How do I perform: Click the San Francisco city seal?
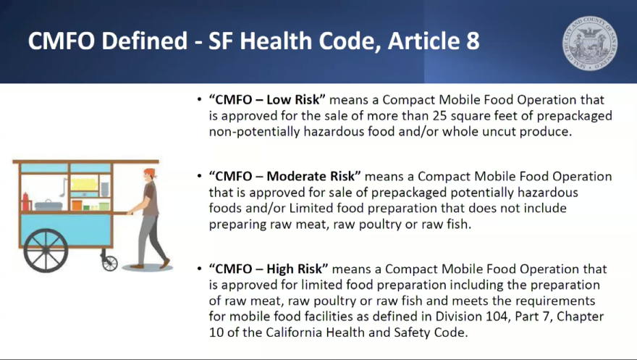pyautogui.click(x=590, y=43)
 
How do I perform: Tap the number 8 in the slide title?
pyautogui.click(x=472, y=41)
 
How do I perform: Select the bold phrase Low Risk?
pyautogui.click(x=292, y=100)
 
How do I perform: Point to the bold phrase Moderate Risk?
pyautogui.click(x=311, y=176)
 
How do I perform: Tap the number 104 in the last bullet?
pyautogui.click(x=499, y=316)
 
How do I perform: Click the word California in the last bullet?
pyautogui.click(x=294, y=332)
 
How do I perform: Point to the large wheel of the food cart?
pyautogui.click(x=46, y=251)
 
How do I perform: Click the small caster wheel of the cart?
pyautogui.click(x=110, y=263)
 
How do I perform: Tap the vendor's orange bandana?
pyautogui.click(x=150, y=172)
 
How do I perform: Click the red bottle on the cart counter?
pyautogui.click(x=25, y=201)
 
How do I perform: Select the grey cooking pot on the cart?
pyautogui.click(x=48, y=205)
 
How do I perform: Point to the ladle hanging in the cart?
pyautogui.click(x=64, y=188)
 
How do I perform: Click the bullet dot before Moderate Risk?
pyautogui.click(x=199, y=176)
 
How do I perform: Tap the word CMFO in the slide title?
pyautogui.click(x=62, y=41)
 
